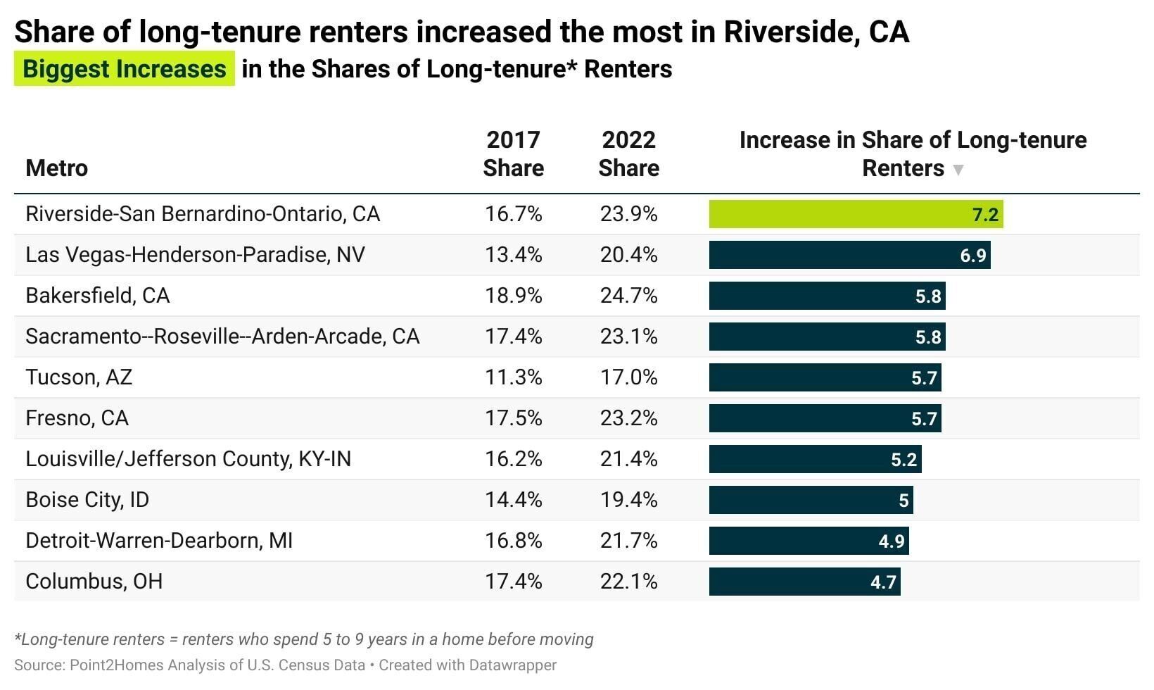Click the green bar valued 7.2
tap(855, 214)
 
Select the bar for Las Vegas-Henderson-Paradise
tap(849, 255)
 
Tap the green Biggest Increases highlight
tap(125, 69)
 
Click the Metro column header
tap(57, 168)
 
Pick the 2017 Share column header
tap(513, 154)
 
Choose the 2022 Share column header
tap(628, 154)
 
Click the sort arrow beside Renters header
tap(958, 170)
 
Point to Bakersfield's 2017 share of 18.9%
tap(513, 296)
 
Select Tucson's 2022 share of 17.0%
tap(628, 377)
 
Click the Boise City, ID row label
tap(87, 500)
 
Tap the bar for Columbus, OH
tap(804, 582)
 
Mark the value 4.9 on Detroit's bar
tap(891, 541)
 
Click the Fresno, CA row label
tap(77, 418)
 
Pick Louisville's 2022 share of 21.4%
tap(628, 459)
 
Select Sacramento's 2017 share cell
tap(513, 337)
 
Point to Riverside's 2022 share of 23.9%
tap(628, 214)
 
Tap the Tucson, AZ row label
tap(79, 377)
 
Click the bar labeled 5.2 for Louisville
tap(815, 459)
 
